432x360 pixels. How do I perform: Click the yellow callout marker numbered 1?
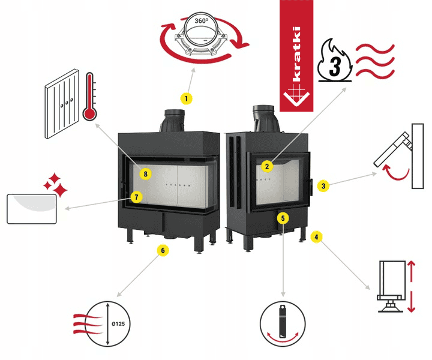[x=187, y=97]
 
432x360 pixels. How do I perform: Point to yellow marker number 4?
[x=316, y=237]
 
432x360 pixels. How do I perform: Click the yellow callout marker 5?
[x=283, y=218]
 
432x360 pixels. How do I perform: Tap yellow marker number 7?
[x=137, y=196]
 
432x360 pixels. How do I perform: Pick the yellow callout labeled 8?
[x=144, y=173]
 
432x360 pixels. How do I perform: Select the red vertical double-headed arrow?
[x=411, y=286]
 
